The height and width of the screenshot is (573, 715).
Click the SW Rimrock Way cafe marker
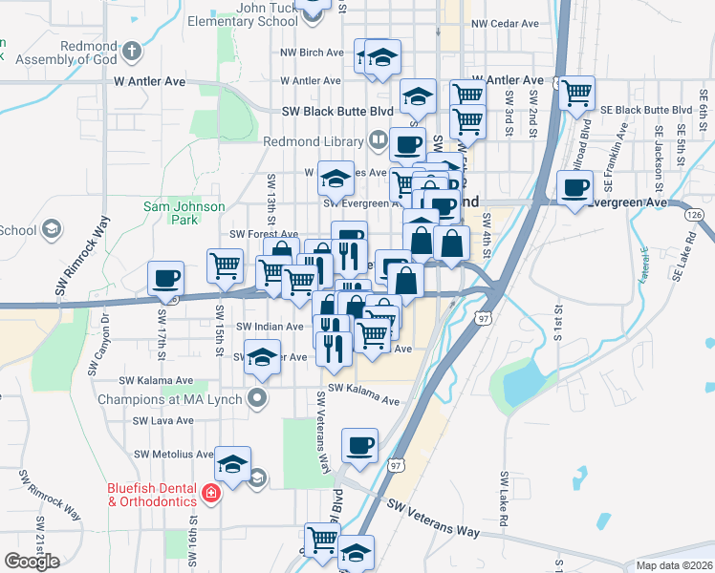[x=165, y=277]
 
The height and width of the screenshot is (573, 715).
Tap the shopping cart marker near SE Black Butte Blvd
[x=577, y=93]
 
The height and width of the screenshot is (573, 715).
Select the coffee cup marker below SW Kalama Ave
[x=359, y=445]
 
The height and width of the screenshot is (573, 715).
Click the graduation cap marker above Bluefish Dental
[x=232, y=464]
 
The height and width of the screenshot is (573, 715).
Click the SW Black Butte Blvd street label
[x=337, y=111]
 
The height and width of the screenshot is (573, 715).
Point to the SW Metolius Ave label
[x=174, y=454]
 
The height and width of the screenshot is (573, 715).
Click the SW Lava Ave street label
[x=163, y=420]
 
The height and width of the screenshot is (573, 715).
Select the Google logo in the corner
[x=32, y=562]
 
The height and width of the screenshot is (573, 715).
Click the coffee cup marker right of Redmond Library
[x=406, y=145]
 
